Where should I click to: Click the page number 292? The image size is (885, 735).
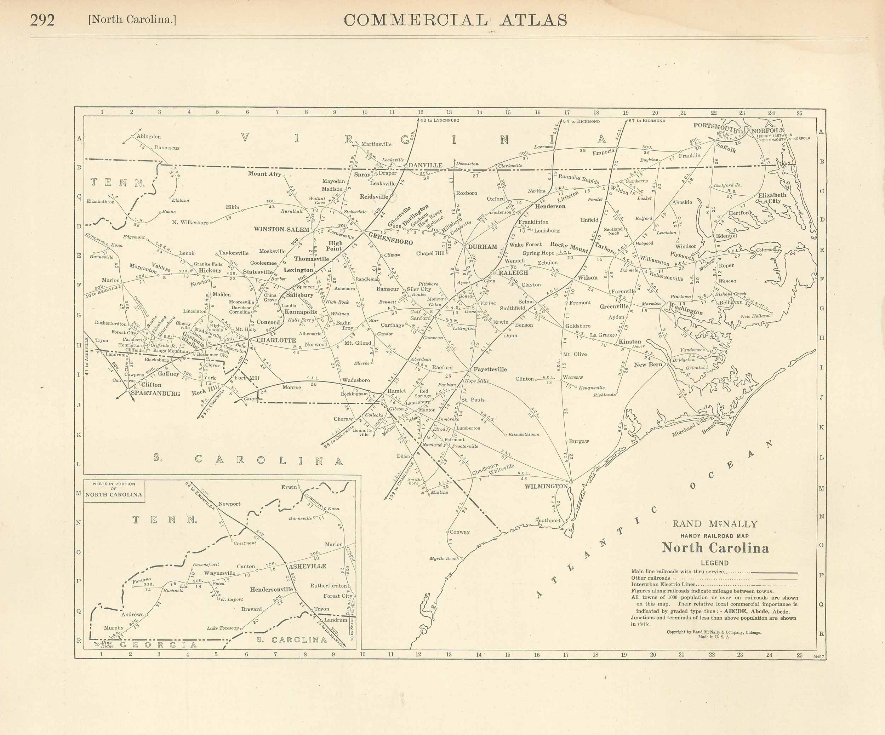(x=42, y=20)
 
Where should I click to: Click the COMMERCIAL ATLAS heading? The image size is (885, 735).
(x=455, y=20)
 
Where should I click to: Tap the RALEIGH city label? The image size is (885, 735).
(x=513, y=272)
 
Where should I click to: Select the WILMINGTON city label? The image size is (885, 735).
(x=546, y=486)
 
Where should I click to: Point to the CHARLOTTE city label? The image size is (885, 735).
(x=276, y=340)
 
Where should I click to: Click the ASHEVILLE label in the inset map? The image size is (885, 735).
(x=307, y=566)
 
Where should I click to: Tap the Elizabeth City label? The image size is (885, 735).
(x=772, y=198)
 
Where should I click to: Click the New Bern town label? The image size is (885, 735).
(x=648, y=364)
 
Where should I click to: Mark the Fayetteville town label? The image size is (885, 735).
(x=490, y=369)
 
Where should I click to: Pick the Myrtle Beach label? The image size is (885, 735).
(x=444, y=558)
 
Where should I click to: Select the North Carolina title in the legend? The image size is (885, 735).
(x=715, y=548)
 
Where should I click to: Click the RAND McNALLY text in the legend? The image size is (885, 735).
(x=715, y=524)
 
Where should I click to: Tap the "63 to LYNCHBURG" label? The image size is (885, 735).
(x=440, y=120)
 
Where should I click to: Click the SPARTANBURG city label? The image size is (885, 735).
(x=155, y=394)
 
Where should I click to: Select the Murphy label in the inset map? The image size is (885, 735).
(x=113, y=627)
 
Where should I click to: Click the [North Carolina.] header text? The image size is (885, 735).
(x=132, y=20)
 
